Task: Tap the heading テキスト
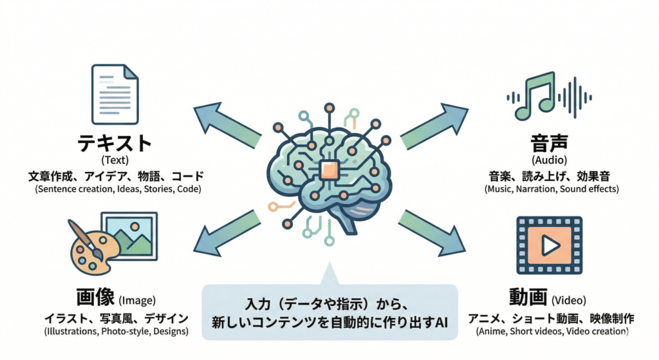pos(115,143)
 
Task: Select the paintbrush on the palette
pos(88,238)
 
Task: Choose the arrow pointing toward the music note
pos(434,126)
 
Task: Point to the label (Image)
pos(137,300)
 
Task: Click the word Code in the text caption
pos(187,189)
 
